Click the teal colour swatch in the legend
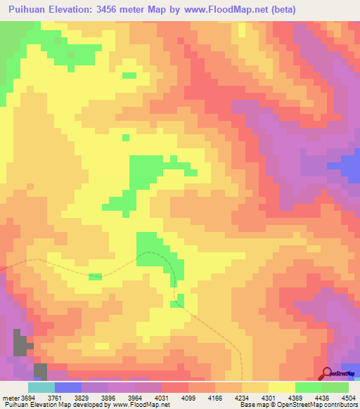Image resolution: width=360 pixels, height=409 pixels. click(x=41, y=387)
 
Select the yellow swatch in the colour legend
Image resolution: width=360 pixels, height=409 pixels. click(x=281, y=387)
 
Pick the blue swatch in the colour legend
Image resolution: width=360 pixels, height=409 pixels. click(x=67, y=387)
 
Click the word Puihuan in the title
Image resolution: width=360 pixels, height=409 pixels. click(x=32, y=10)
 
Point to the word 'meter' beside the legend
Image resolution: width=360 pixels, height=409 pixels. click(x=11, y=397)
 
